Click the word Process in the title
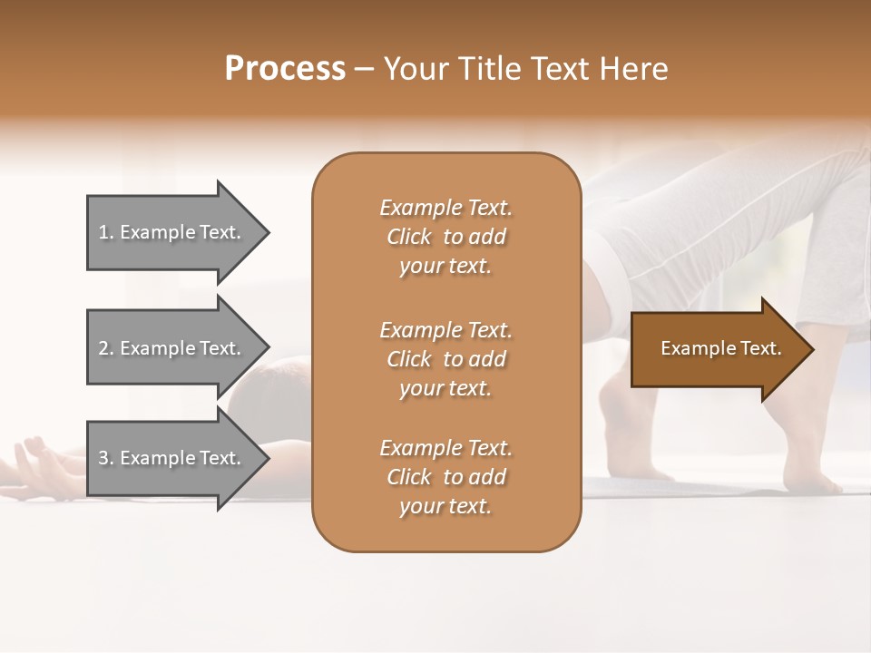click(285, 69)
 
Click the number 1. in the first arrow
click(106, 232)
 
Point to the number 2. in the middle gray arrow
click(106, 348)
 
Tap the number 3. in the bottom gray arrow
click(106, 458)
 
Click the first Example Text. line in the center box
click(445, 208)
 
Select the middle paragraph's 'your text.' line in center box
click(445, 388)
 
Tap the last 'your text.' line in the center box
click(445, 507)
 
